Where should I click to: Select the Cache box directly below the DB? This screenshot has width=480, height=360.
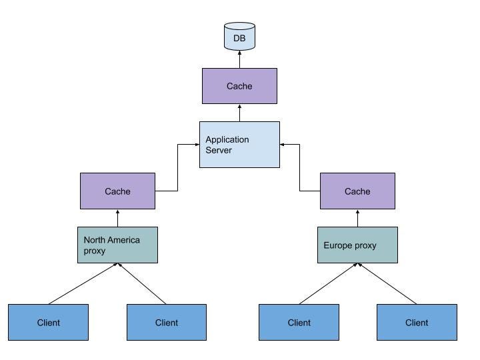click(x=239, y=86)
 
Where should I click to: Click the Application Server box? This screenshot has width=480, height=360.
click(x=239, y=145)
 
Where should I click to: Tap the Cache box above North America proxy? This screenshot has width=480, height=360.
click(x=117, y=191)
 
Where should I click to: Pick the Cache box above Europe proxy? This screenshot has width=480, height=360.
click(x=357, y=191)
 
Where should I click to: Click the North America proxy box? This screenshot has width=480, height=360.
click(x=117, y=245)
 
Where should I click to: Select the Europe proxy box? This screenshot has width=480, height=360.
click(x=357, y=245)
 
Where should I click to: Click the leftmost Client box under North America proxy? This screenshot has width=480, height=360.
click(x=48, y=323)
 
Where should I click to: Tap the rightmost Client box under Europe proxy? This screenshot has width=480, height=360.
click(x=417, y=323)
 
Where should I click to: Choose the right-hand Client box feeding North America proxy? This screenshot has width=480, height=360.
click(x=167, y=323)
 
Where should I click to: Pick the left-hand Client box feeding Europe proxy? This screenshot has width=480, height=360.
click(x=299, y=323)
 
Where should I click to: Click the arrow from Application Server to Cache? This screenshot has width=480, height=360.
click(x=239, y=113)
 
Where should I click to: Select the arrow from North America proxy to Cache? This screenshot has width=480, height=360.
click(x=117, y=219)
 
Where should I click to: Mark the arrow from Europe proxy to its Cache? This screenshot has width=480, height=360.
click(x=357, y=219)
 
